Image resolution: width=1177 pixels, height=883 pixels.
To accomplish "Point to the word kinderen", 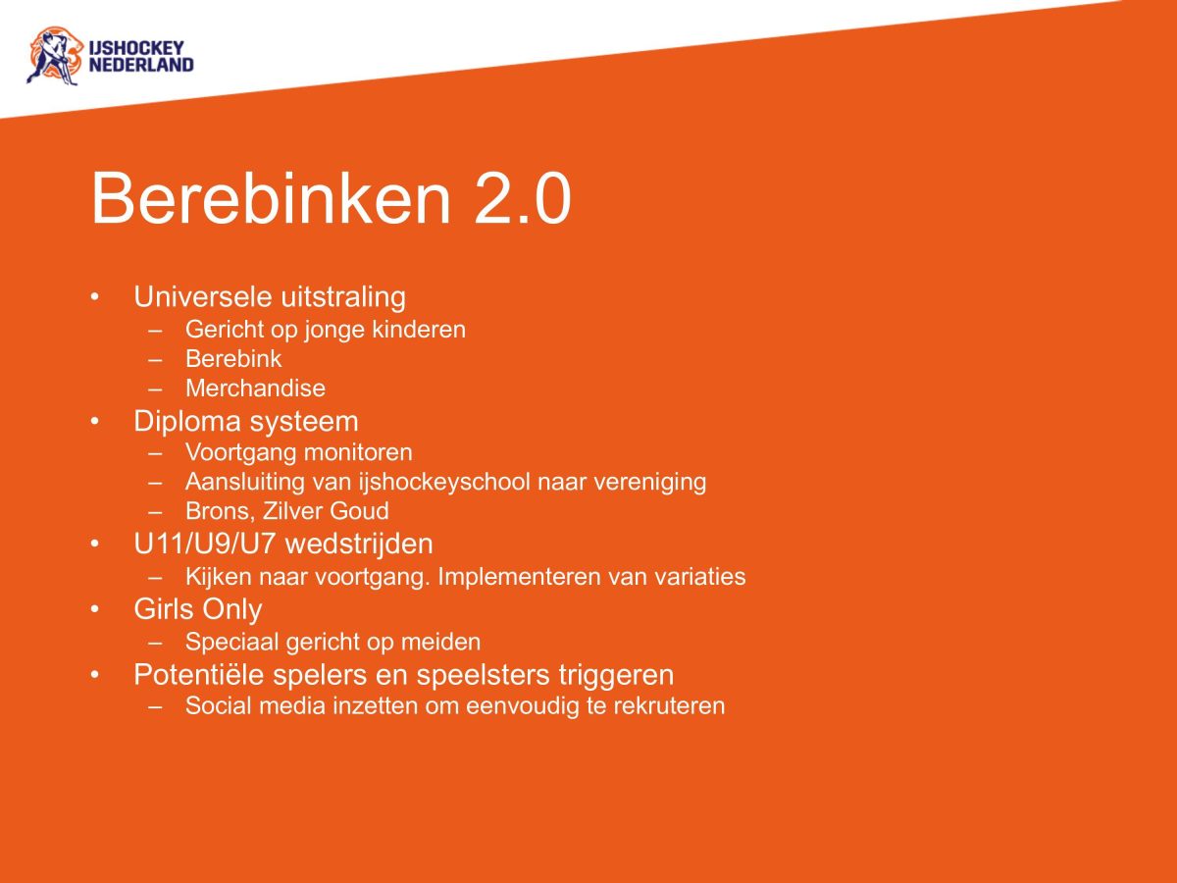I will [x=419, y=330].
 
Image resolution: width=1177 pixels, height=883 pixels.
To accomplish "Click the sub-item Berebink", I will [x=233, y=359].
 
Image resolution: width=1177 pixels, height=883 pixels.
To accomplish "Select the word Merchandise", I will [x=255, y=389].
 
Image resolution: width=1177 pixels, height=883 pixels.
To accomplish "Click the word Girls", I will [x=164, y=609].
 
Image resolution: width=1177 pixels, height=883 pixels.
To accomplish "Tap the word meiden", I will [x=445, y=643].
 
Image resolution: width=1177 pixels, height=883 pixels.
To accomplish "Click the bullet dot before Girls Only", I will [x=95, y=609].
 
